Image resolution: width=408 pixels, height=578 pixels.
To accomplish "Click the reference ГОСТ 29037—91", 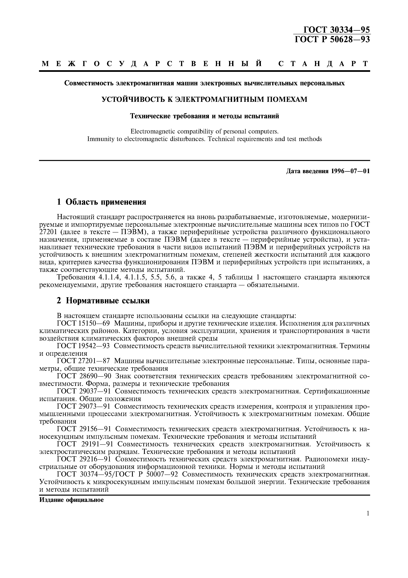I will tap(84, 391).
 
